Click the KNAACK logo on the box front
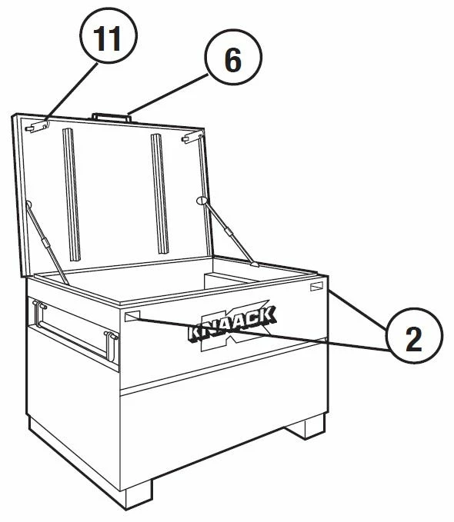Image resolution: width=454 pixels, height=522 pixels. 232,326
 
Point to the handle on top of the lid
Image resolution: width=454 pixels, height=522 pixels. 112,117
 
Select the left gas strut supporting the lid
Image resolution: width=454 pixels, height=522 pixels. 47,242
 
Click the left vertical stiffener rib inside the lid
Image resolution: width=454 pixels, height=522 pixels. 72,195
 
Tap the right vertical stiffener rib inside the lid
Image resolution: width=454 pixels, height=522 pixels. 159,194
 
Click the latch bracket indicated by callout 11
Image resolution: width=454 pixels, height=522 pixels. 37,127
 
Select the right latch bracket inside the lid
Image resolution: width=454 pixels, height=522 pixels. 192,137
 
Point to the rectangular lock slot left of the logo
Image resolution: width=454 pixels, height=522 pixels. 132,316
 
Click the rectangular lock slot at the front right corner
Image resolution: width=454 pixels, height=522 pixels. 317,286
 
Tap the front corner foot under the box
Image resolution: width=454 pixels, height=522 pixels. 139,494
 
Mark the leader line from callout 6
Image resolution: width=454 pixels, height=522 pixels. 168,95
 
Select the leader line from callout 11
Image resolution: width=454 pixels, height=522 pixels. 72,92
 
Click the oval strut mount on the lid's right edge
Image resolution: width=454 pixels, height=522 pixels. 202,201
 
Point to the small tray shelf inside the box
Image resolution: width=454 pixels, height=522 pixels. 230,281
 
